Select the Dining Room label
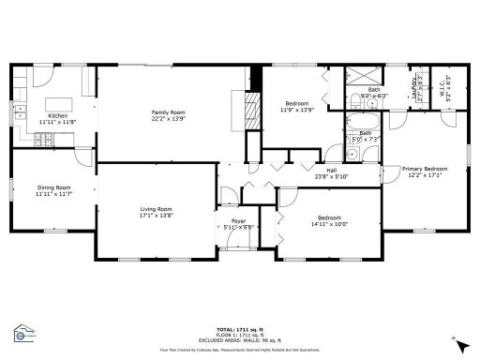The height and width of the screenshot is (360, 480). pos(53,187)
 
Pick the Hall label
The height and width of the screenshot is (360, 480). pos(331,170)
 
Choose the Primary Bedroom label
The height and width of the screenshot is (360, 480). pos(424,169)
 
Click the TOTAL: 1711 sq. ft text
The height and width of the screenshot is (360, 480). pos(242,330)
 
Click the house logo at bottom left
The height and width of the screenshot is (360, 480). pos(20,334)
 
